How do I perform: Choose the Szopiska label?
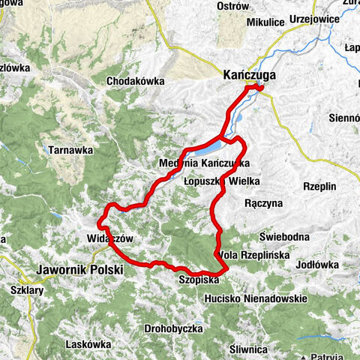coord(199,279)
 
